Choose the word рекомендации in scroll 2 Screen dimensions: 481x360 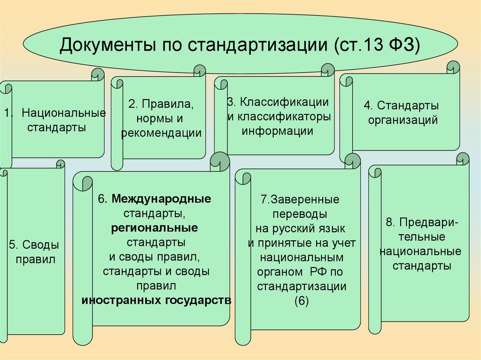click(161, 133)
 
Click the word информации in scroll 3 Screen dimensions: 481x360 click(277, 130)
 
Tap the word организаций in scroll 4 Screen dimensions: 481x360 click(403, 120)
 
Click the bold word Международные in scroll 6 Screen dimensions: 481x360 click(162, 199)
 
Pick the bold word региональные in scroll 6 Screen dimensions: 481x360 click(155, 228)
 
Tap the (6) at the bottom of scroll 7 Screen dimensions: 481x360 click(302, 301)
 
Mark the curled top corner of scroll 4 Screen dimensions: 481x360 click(453, 67)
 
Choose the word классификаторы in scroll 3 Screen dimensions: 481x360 click(279, 116)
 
